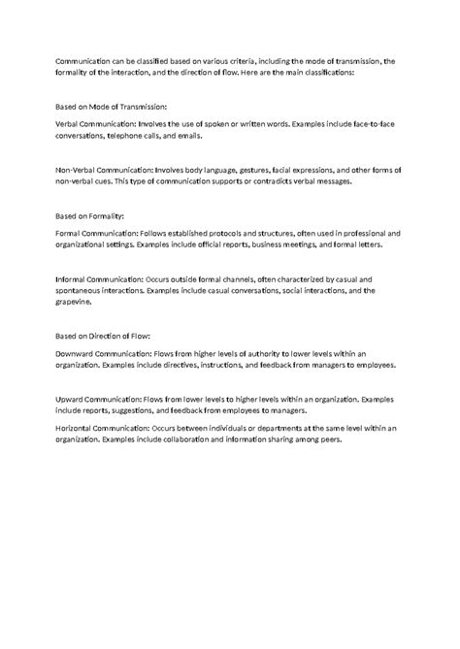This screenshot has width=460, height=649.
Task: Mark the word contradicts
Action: (x=275, y=181)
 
